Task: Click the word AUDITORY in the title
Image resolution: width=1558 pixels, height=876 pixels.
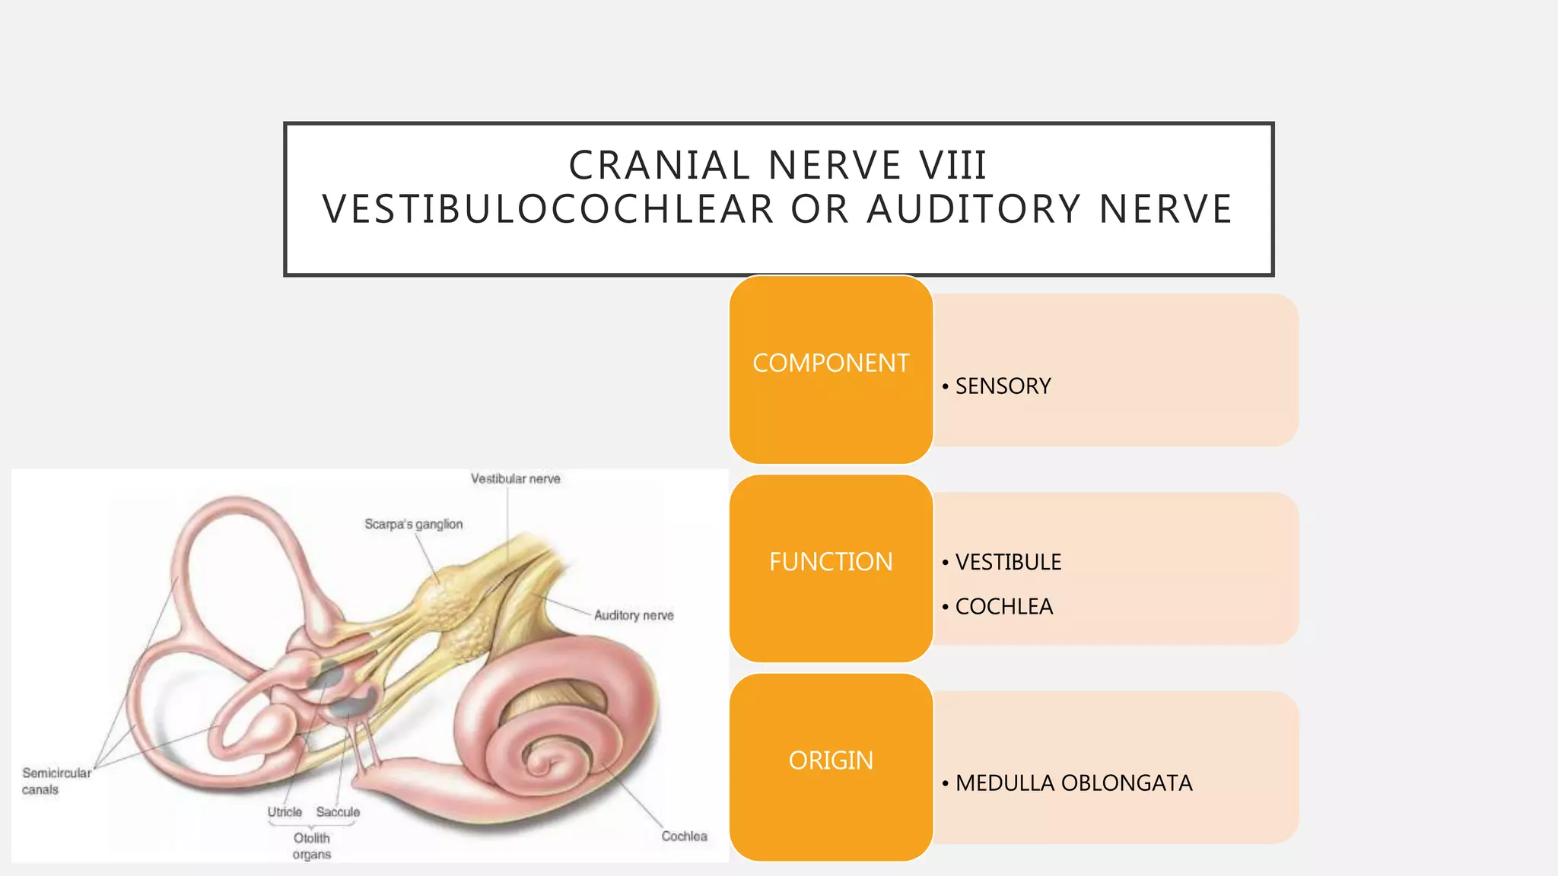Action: tap(974, 209)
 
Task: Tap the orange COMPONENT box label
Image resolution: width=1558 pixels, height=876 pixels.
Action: tap(831, 363)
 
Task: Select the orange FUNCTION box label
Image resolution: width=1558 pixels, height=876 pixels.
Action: tap(831, 562)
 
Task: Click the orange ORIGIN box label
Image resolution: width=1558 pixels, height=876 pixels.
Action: tap(831, 760)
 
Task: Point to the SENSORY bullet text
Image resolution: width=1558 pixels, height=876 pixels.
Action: tap(1002, 386)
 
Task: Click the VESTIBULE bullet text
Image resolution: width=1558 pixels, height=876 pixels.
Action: tap(1007, 562)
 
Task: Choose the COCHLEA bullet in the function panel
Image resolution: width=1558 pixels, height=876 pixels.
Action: tap(1003, 607)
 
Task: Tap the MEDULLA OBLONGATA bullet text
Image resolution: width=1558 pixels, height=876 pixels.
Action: tap(1073, 783)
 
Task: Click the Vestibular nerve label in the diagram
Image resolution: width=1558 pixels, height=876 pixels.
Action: tap(515, 479)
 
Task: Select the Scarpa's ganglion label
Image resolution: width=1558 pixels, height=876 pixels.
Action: tap(413, 525)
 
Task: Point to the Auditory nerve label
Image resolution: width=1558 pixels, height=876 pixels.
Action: tap(634, 615)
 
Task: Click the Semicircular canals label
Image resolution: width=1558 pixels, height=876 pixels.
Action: tap(56, 781)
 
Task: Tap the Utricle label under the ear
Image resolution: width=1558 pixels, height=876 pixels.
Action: tap(285, 812)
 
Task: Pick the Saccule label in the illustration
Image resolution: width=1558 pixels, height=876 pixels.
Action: tap(338, 812)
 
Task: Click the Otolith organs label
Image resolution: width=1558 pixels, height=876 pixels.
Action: tap(312, 846)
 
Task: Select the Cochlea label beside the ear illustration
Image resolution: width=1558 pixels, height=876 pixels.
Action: tap(684, 836)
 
